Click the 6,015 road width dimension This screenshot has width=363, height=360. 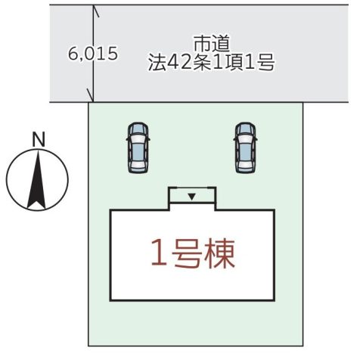point(93,53)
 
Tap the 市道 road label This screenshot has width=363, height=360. point(211,43)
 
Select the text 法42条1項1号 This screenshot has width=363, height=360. point(211,62)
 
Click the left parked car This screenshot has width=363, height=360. point(138,147)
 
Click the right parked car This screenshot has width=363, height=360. point(246,147)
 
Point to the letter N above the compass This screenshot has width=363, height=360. point(39,139)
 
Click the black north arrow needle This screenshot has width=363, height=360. point(37,179)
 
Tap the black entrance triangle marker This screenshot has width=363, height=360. point(192,197)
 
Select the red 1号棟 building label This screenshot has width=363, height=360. point(193,254)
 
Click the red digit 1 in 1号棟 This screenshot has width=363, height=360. point(160,253)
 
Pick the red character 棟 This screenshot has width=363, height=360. point(220,254)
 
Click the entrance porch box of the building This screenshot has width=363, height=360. point(192,195)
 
